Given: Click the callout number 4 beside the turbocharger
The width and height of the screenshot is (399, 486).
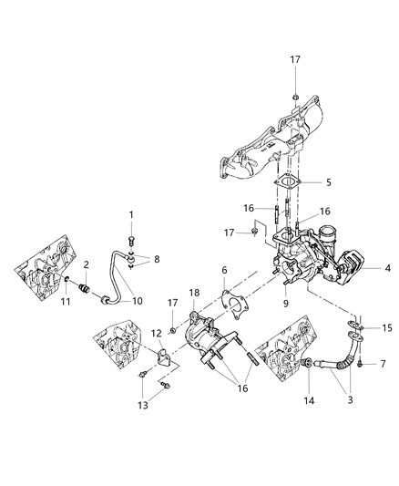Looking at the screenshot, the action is [387, 268].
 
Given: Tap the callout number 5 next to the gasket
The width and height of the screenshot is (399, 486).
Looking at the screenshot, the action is [328, 182].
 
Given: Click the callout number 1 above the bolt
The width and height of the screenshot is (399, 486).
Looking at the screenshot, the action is [131, 214].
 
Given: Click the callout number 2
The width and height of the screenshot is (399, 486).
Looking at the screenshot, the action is [86, 264].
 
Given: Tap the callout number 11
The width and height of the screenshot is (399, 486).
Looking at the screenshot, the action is [66, 301].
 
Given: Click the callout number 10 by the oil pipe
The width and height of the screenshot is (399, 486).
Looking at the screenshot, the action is [138, 301].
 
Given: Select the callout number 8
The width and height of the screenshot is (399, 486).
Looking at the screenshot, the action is [157, 259].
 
